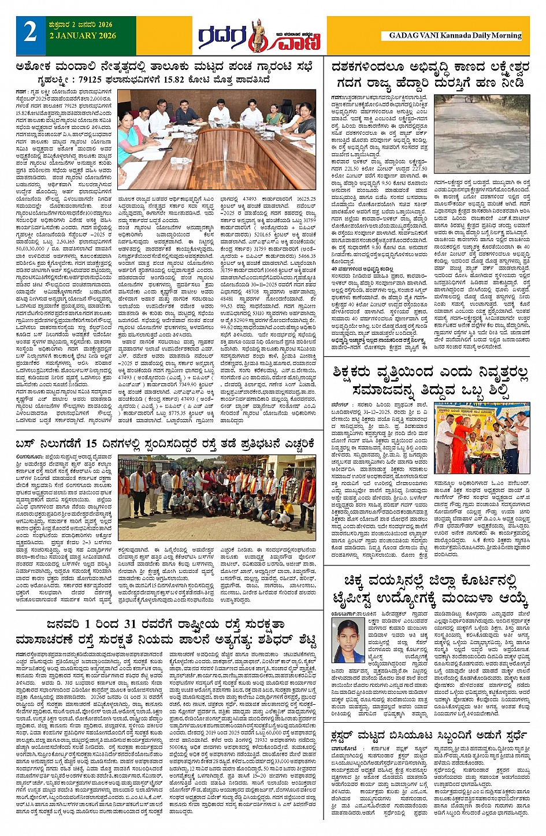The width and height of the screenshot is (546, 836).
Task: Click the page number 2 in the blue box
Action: click(x=30, y=34)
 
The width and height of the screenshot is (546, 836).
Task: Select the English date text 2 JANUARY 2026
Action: click(x=83, y=36)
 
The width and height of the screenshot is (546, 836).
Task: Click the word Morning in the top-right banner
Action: click(x=506, y=36)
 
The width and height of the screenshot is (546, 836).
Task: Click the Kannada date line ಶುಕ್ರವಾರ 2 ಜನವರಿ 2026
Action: click(x=81, y=25)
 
